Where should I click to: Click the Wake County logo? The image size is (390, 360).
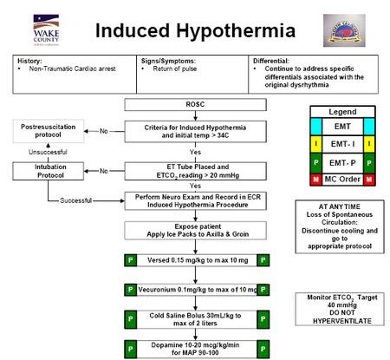click(x=47, y=28)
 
